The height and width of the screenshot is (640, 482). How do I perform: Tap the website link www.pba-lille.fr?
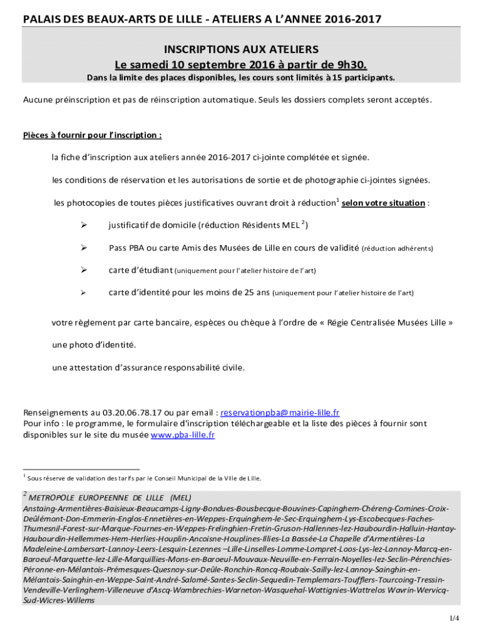183,435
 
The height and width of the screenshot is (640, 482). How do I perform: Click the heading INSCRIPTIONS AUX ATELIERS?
241,49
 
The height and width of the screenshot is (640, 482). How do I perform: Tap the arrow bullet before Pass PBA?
83,247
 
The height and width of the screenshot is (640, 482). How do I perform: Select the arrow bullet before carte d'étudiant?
83,270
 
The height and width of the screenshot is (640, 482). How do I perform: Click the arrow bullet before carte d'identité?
83,292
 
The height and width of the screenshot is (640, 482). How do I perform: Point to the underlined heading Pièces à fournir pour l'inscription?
93,135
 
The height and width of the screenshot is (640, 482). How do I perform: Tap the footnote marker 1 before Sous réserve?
24,476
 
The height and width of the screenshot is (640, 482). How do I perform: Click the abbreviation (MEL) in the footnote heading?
180,497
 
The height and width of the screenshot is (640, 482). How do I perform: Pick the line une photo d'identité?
94,345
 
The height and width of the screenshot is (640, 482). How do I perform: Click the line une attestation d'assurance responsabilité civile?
148,367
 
